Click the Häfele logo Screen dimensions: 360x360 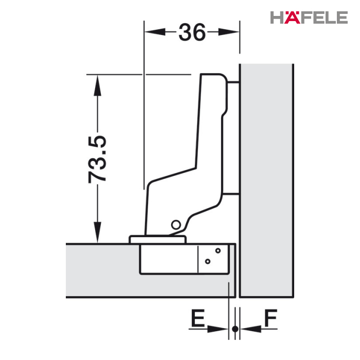309,17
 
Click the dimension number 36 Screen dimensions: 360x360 192,32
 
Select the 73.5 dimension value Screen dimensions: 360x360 97,159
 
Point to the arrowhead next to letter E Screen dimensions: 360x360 218,329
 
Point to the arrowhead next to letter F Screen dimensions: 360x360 251,329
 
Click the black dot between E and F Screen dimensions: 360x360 235,329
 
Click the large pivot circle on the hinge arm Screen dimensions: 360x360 176,225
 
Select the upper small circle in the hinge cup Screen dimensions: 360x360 218,250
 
